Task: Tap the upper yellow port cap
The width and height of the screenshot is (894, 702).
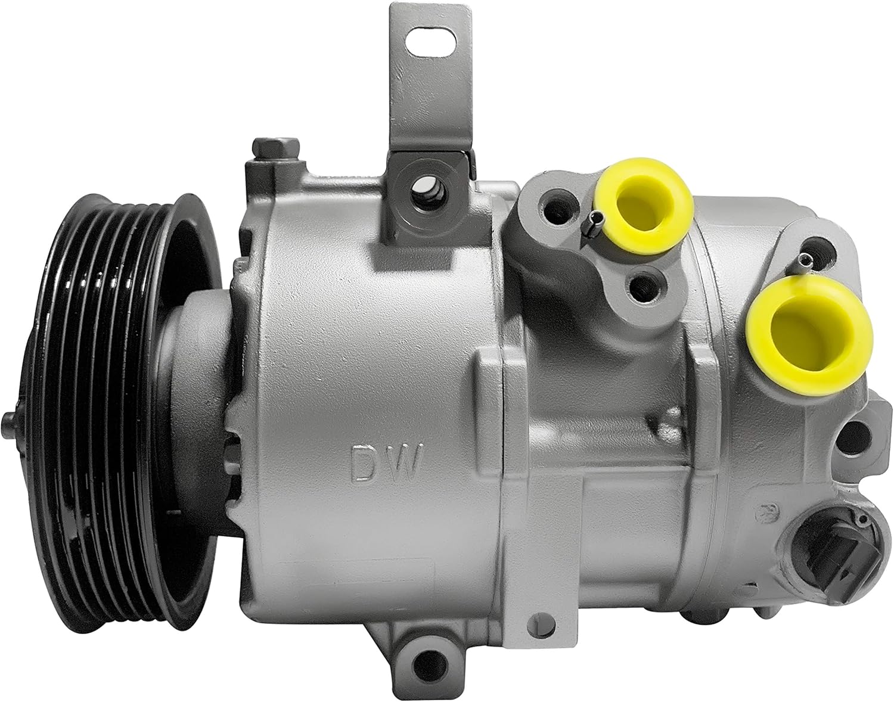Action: pos(644,204)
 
